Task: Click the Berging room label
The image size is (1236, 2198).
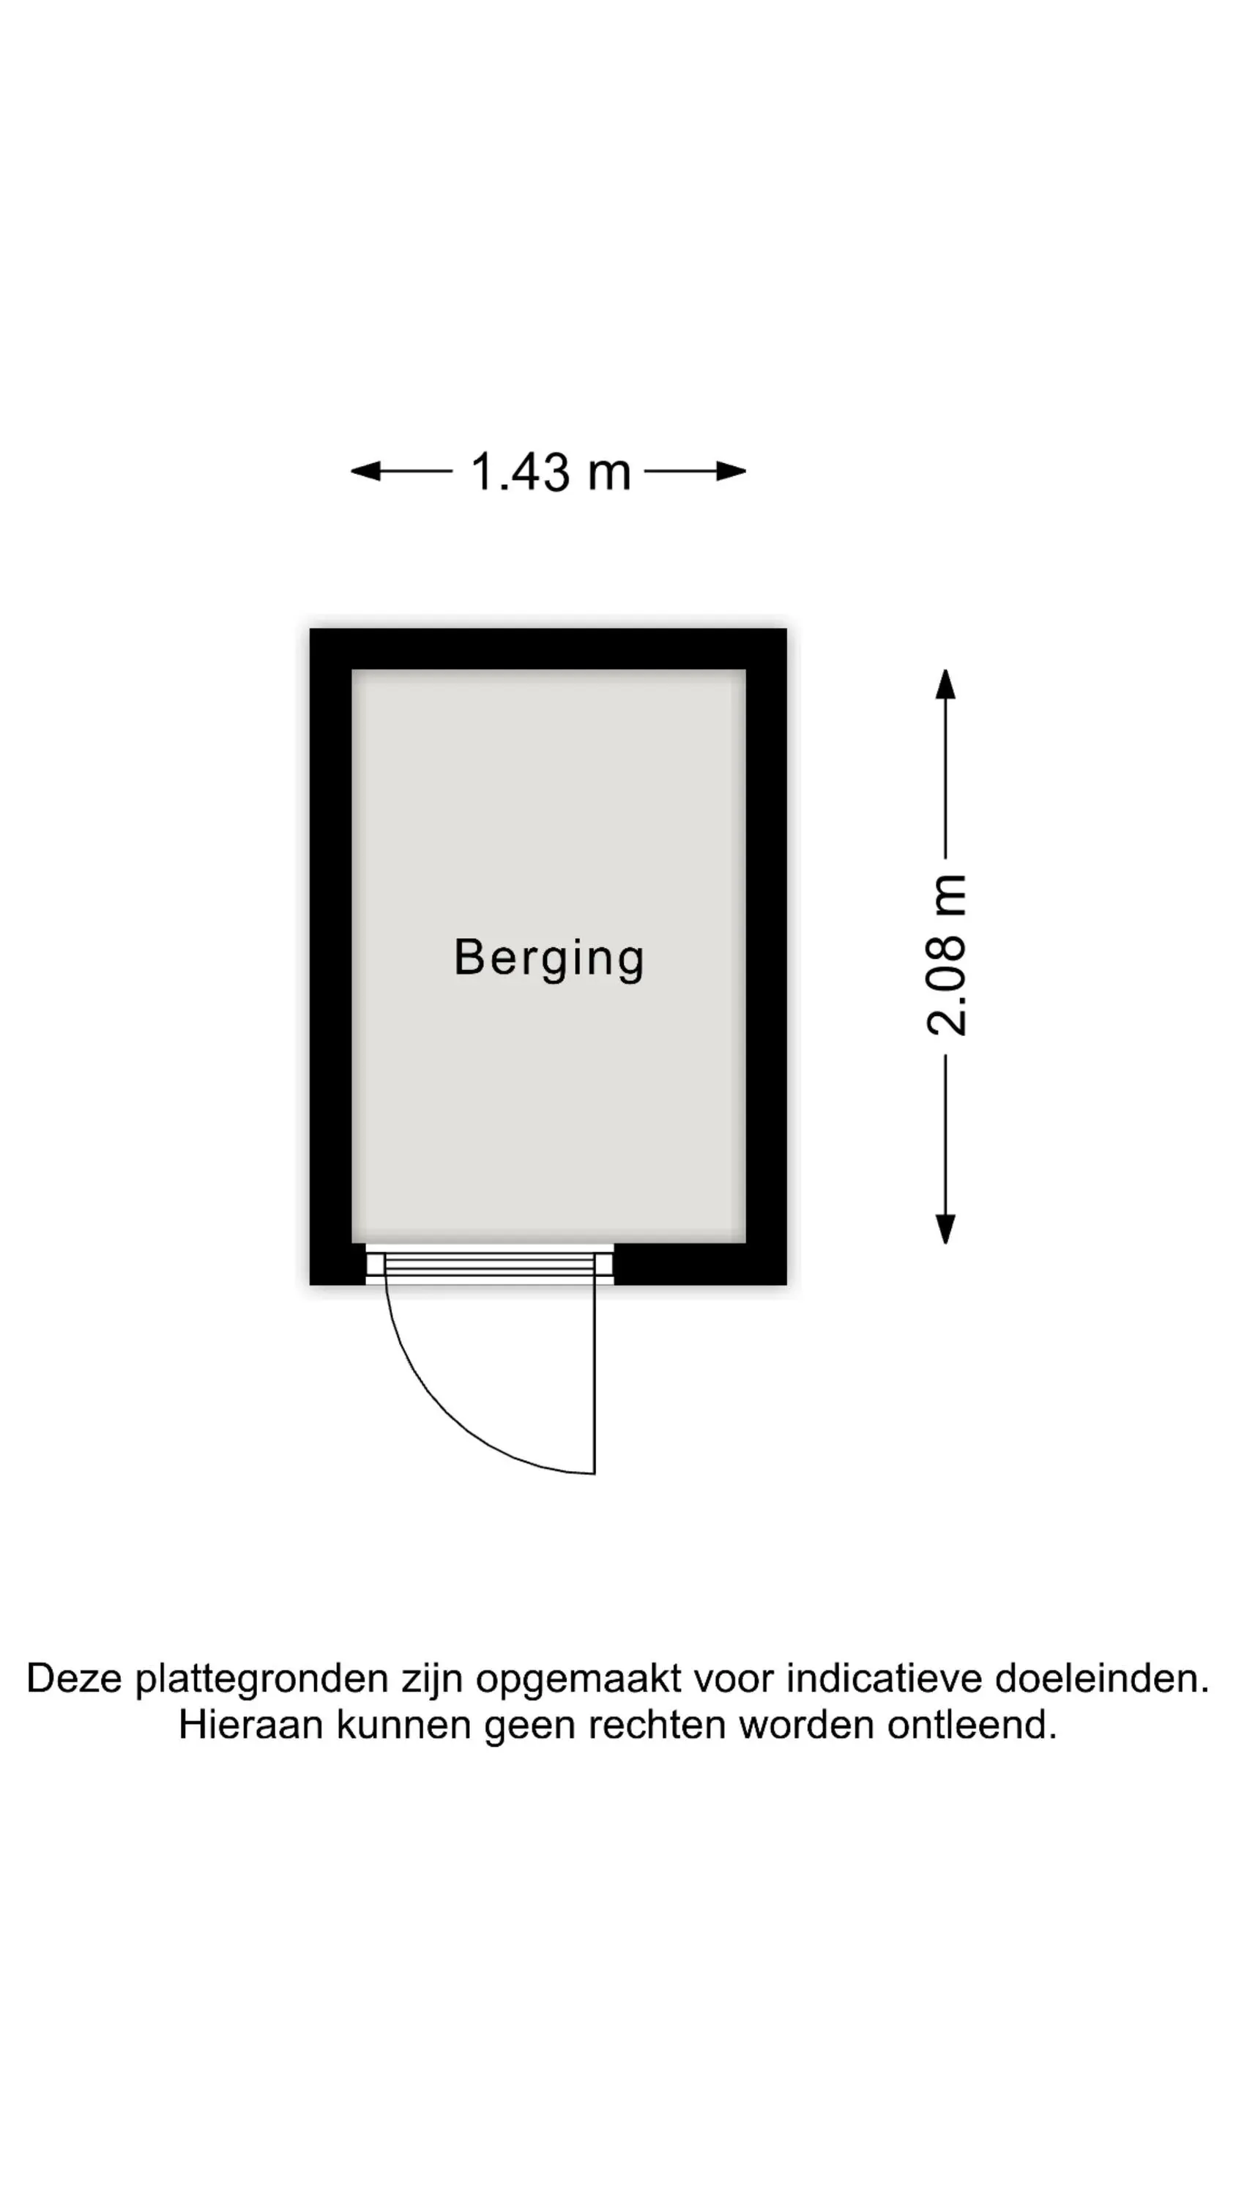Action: [x=548, y=958]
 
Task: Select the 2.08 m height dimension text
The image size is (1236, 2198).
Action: [x=946, y=955]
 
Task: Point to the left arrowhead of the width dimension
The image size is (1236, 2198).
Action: [x=365, y=471]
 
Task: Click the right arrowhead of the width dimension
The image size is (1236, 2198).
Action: [x=731, y=471]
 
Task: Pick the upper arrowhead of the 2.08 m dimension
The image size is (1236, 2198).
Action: [x=945, y=684]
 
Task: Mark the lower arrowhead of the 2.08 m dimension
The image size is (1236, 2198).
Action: [x=945, y=1229]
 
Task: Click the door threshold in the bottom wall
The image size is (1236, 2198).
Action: [x=490, y=1264]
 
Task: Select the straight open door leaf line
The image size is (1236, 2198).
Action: [x=595, y=1379]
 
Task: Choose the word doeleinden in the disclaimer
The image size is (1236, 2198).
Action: [x=1102, y=1679]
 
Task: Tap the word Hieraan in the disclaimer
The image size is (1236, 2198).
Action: [x=253, y=1725]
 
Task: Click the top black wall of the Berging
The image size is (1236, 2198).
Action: [x=548, y=648]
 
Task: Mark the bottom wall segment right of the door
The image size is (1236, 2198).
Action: [x=700, y=1264]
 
